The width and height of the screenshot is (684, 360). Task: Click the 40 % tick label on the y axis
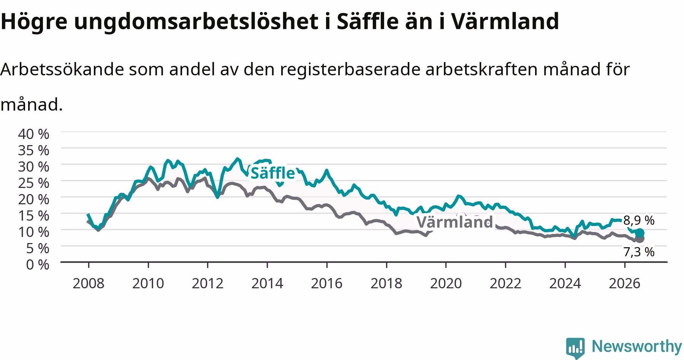(x=34, y=134)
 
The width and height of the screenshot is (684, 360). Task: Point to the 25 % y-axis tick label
(x=34, y=183)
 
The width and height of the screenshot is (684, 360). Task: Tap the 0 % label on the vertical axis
(x=38, y=264)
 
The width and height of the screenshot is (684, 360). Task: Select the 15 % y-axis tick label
(x=34, y=215)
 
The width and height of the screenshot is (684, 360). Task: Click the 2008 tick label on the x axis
(x=89, y=283)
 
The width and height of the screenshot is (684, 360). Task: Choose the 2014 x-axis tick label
(x=267, y=283)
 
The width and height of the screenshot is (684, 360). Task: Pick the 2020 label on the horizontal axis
(x=446, y=283)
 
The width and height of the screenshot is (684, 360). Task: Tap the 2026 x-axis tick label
(x=624, y=283)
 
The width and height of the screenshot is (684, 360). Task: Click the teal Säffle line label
(x=272, y=173)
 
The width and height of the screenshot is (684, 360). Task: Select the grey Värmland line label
(x=454, y=222)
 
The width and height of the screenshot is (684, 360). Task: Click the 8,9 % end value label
(x=639, y=220)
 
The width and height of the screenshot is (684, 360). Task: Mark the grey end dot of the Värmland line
(x=640, y=239)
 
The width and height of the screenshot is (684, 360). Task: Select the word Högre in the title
(x=33, y=22)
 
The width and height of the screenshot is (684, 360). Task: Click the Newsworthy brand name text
(x=637, y=346)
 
